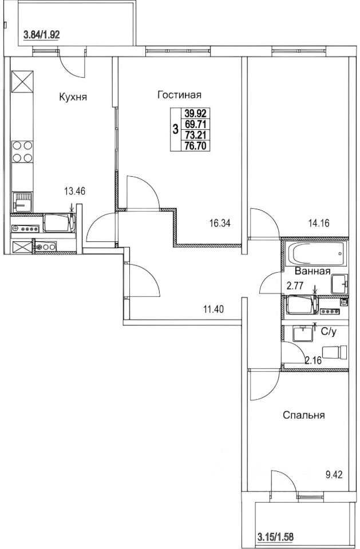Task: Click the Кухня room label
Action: pos(73,97)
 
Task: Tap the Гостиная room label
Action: pos(180,95)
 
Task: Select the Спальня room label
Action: pos(303,415)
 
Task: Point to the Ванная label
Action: pos(312,271)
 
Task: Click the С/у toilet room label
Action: pos(329,332)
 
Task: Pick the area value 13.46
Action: pos(75,191)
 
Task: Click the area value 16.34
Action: pos(220,223)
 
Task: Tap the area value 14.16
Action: pos(319,223)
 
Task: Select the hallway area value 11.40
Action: pos(213,309)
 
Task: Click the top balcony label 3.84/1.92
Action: pos(41,35)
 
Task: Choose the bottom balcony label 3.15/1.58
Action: pos(275,536)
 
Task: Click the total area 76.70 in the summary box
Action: pos(195,146)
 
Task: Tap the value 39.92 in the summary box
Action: pos(195,113)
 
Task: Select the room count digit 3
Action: pos(175,130)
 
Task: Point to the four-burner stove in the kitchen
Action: pos(22,151)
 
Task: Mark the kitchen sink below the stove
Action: pos(22,202)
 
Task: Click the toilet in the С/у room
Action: pos(334,352)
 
